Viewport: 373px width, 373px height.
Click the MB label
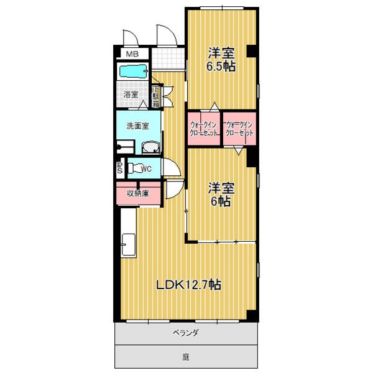point(132,54)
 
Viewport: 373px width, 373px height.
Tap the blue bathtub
point(133,71)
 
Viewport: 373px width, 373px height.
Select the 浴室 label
point(131,94)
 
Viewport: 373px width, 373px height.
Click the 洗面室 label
point(138,126)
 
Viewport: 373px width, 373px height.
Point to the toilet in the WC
point(134,168)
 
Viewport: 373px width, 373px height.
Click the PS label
point(119,168)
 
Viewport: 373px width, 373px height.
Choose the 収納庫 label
point(138,193)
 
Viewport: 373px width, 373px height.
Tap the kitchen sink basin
point(128,244)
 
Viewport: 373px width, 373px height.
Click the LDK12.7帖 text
point(188,285)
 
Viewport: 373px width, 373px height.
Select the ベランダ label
point(185,333)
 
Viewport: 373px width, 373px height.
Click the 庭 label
point(186,357)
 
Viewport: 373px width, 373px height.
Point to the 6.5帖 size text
point(221,67)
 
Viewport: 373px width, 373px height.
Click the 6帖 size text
point(221,201)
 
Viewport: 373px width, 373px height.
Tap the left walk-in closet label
point(204,129)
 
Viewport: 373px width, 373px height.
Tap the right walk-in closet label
point(239,129)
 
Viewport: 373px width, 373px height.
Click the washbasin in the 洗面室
point(150,147)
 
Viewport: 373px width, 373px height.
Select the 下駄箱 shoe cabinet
point(156,97)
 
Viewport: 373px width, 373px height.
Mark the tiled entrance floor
point(168,58)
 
